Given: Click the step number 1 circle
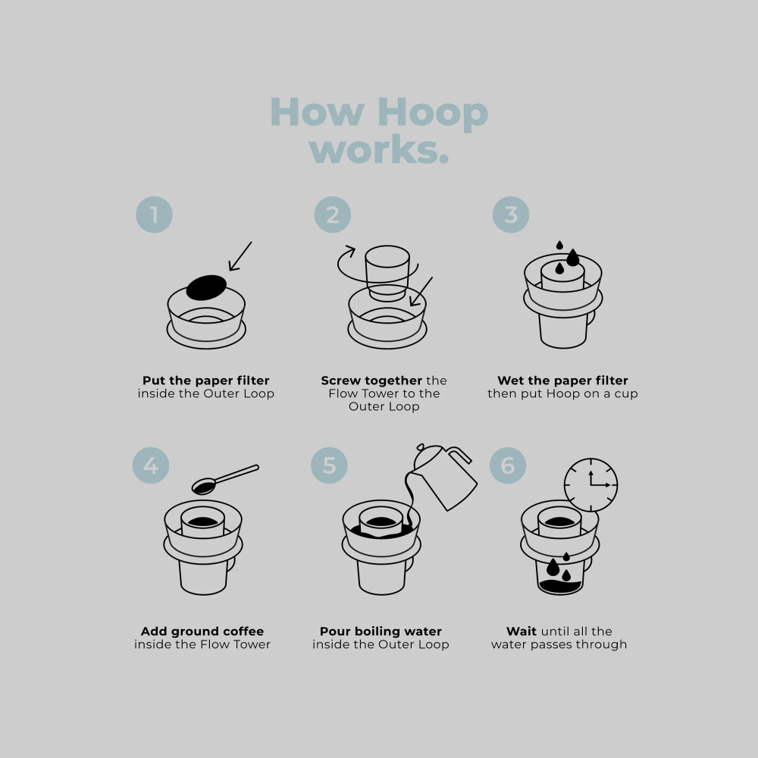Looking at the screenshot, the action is pos(154,215).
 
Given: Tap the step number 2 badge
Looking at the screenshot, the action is pos(333,215).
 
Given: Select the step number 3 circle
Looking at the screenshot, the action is pos(511,215).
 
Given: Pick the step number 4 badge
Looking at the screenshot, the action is pos(151,465).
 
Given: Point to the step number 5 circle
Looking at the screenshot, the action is pos(329,465).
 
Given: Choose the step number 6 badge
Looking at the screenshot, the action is pos(508,465).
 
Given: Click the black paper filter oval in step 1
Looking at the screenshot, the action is pos(206,287).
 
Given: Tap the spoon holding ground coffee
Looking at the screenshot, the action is pos(225,480).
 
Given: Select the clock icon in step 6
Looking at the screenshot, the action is pos(590,485).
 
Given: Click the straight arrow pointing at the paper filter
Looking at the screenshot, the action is pos(240,256).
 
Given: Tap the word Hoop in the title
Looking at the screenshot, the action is pos(433,113).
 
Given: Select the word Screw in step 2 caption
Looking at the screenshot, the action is pos(340,381).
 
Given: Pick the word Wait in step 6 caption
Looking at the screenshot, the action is pos(522,631).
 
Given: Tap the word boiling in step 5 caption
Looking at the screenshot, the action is pos(380,632).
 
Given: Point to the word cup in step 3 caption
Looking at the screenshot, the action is pos(626,394).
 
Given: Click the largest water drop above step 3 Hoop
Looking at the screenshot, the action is pos(573,258).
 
